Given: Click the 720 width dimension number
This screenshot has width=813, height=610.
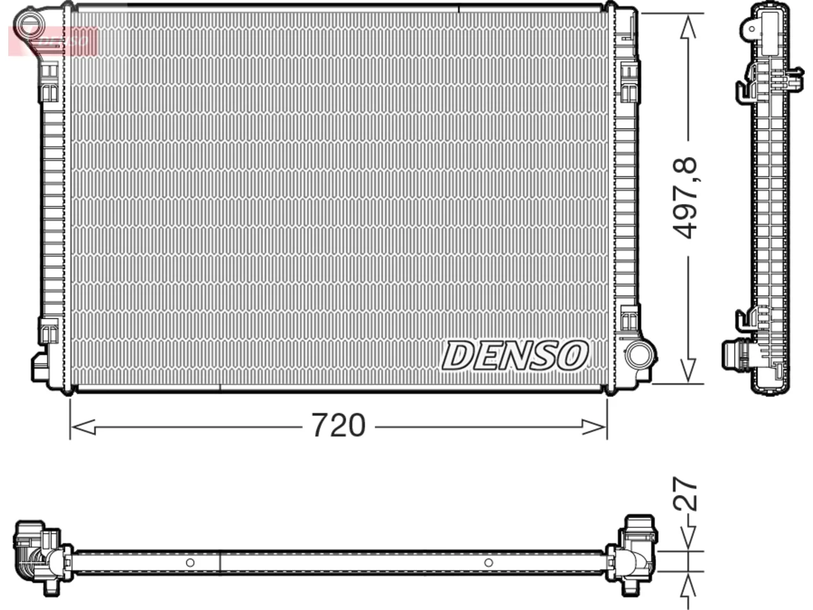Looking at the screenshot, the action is tap(339, 426).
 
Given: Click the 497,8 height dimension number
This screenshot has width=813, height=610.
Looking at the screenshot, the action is tap(685, 198).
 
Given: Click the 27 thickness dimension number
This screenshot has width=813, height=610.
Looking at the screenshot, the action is tap(685, 499).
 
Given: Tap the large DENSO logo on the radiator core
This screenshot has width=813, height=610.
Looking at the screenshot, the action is tap(515, 356).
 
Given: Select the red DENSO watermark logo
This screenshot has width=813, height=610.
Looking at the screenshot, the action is tap(53, 41).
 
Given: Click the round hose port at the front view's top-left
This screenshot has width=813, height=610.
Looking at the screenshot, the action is tap(29, 25).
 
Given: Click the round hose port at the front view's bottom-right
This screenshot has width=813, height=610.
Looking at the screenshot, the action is tap(640, 355).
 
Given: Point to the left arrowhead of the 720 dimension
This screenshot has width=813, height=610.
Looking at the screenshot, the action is tap(83, 427).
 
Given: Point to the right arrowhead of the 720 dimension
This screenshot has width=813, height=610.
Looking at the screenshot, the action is tap(594, 427).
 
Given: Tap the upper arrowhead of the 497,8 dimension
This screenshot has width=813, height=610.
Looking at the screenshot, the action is tap(688, 27).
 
